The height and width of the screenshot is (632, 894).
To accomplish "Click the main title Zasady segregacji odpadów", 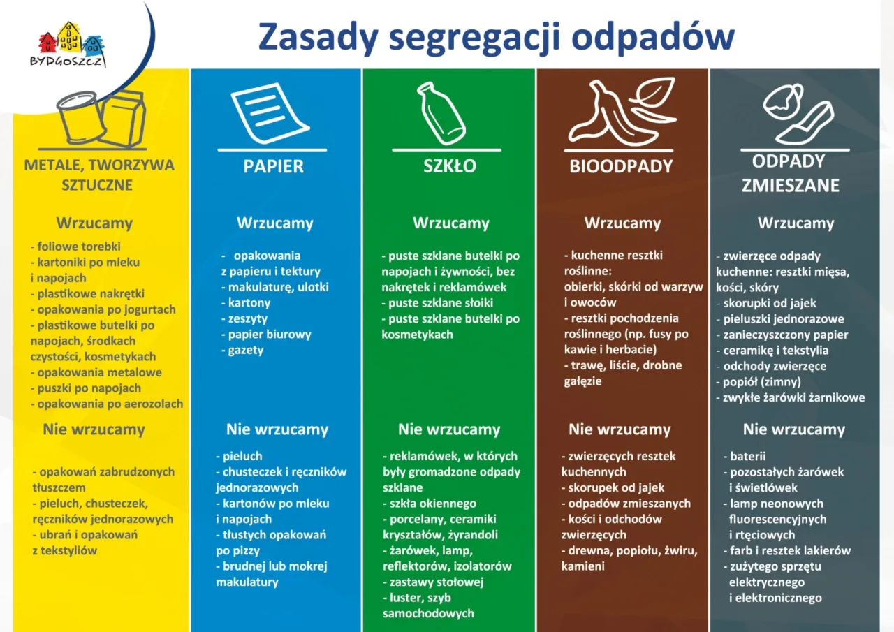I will (x=496, y=36).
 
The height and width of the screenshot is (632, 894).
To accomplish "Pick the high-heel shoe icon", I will (x=807, y=123).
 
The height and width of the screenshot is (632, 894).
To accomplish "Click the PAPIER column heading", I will (x=273, y=166).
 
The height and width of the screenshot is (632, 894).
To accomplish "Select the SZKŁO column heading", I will (x=450, y=166).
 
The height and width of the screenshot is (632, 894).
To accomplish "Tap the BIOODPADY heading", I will (x=621, y=167).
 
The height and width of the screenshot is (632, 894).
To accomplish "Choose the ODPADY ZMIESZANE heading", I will (x=790, y=173).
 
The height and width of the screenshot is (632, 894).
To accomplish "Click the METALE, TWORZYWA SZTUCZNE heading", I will (x=99, y=175).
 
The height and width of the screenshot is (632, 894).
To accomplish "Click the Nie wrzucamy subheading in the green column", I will (x=449, y=429).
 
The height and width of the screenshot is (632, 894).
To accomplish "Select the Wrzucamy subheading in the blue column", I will (x=274, y=223).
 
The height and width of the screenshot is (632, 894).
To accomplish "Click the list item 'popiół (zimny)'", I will (x=761, y=382).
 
